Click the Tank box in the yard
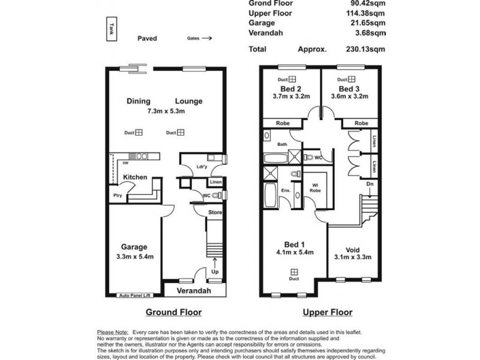(x=112, y=29)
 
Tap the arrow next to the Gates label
(x=206, y=38)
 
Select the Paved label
(x=147, y=38)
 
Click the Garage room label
(x=133, y=247)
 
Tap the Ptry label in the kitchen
(x=118, y=196)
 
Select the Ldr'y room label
(x=202, y=167)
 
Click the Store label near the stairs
(x=215, y=212)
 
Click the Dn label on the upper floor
(x=370, y=185)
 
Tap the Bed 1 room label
(x=294, y=244)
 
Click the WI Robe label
(x=313, y=188)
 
